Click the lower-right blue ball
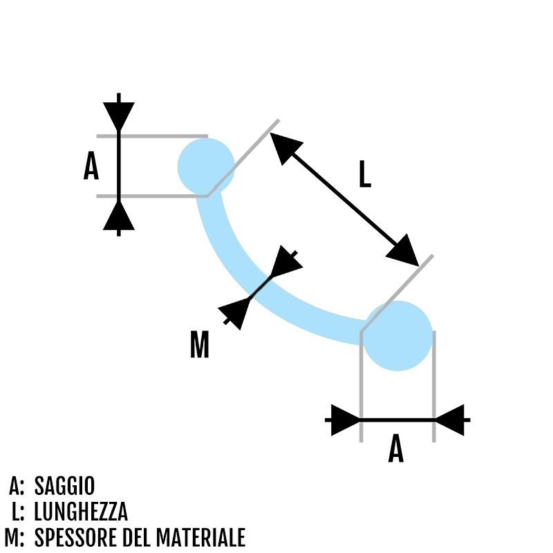point(397,335)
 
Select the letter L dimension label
point(364,174)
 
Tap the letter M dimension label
point(199,345)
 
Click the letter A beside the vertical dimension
point(91,167)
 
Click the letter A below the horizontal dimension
point(395,449)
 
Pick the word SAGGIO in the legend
point(64,486)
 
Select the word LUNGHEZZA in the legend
point(81,512)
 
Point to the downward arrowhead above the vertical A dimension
point(119,115)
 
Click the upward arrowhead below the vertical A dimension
point(119,216)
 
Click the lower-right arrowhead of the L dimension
point(403,250)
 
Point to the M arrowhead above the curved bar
point(286,263)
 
